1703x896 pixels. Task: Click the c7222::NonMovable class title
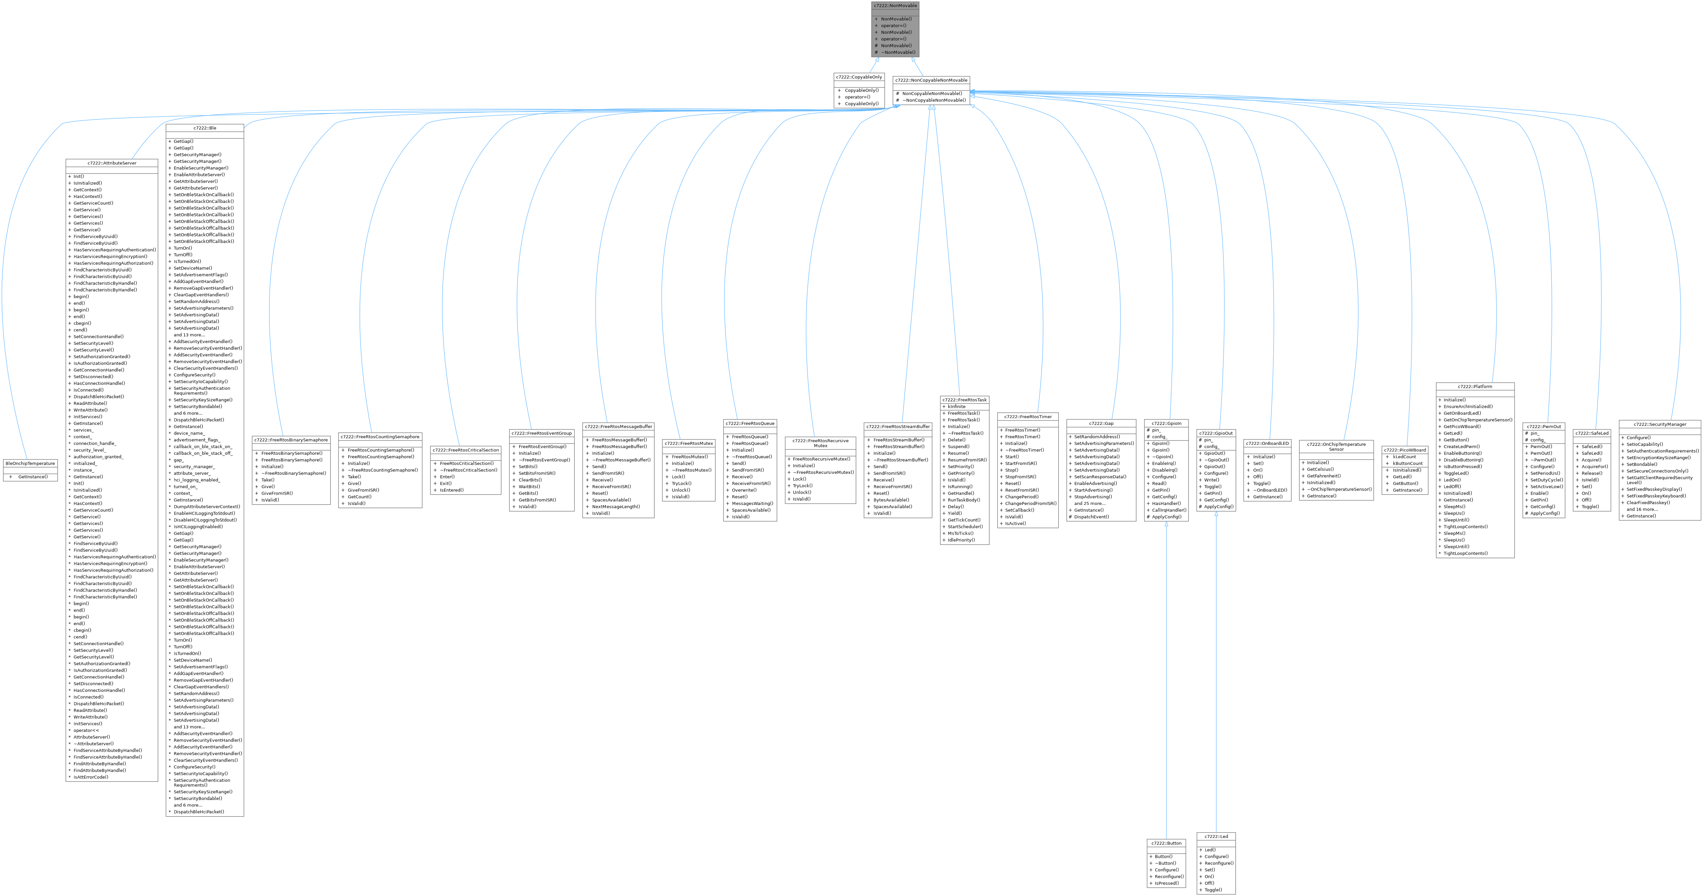click(894, 5)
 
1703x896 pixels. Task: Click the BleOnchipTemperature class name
click(30, 463)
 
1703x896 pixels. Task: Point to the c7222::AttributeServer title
click(112, 163)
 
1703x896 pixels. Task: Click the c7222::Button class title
click(1166, 843)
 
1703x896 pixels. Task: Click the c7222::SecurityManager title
click(1659, 424)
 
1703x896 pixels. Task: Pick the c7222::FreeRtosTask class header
click(965, 400)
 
